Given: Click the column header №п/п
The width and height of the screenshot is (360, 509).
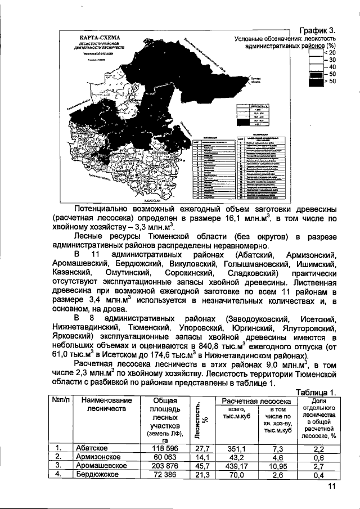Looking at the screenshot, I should coord(61,400).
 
